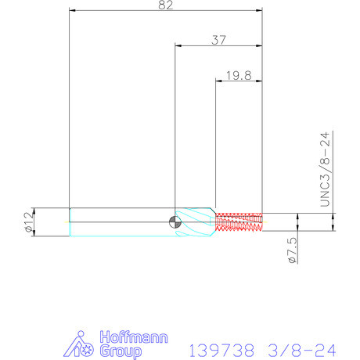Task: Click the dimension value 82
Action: (166, 5)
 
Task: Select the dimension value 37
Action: (218, 40)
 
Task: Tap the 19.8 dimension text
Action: (239, 76)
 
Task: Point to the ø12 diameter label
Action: (29, 221)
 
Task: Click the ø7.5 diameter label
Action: (292, 250)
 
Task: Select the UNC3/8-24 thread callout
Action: (325, 170)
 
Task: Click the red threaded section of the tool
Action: (239, 222)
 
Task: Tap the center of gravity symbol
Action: (175, 222)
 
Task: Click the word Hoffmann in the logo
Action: (134, 337)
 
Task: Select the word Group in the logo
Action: (121, 351)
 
